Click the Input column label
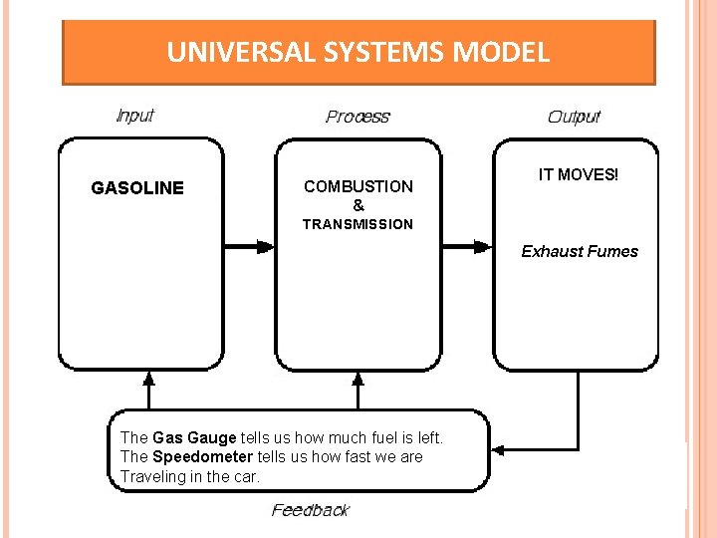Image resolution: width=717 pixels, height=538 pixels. click(x=134, y=116)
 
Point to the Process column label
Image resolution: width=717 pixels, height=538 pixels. click(x=358, y=117)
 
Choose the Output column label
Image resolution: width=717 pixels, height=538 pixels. click(x=574, y=117)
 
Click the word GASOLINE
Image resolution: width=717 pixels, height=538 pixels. click(x=137, y=188)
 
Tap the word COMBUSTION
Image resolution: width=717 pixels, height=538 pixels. click(x=358, y=186)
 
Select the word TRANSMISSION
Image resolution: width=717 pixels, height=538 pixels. click(x=358, y=224)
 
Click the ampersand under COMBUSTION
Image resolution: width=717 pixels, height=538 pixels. click(x=358, y=205)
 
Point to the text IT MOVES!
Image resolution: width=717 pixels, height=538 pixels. click(x=578, y=175)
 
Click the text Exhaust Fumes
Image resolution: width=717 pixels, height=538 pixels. click(x=580, y=251)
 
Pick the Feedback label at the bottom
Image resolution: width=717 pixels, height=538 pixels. click(x=310, y=510)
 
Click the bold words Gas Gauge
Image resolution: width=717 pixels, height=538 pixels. click(x=194, y=437)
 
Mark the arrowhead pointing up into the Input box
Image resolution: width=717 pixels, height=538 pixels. click(x=149, y=379)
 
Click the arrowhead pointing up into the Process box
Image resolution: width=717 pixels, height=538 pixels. click(x=358, y=379)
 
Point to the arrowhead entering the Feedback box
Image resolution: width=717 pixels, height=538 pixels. click(x=501, y=450)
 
